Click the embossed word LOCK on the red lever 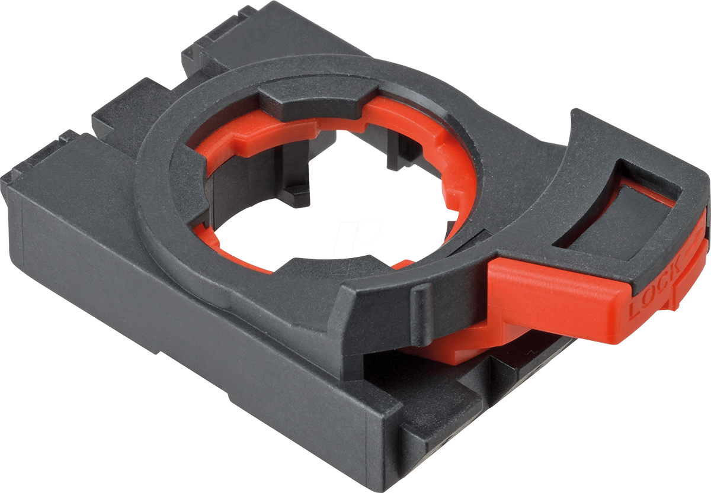pyautogui.click(x=655, y=285)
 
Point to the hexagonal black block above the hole pyautogui.click(x=318, y=101)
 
